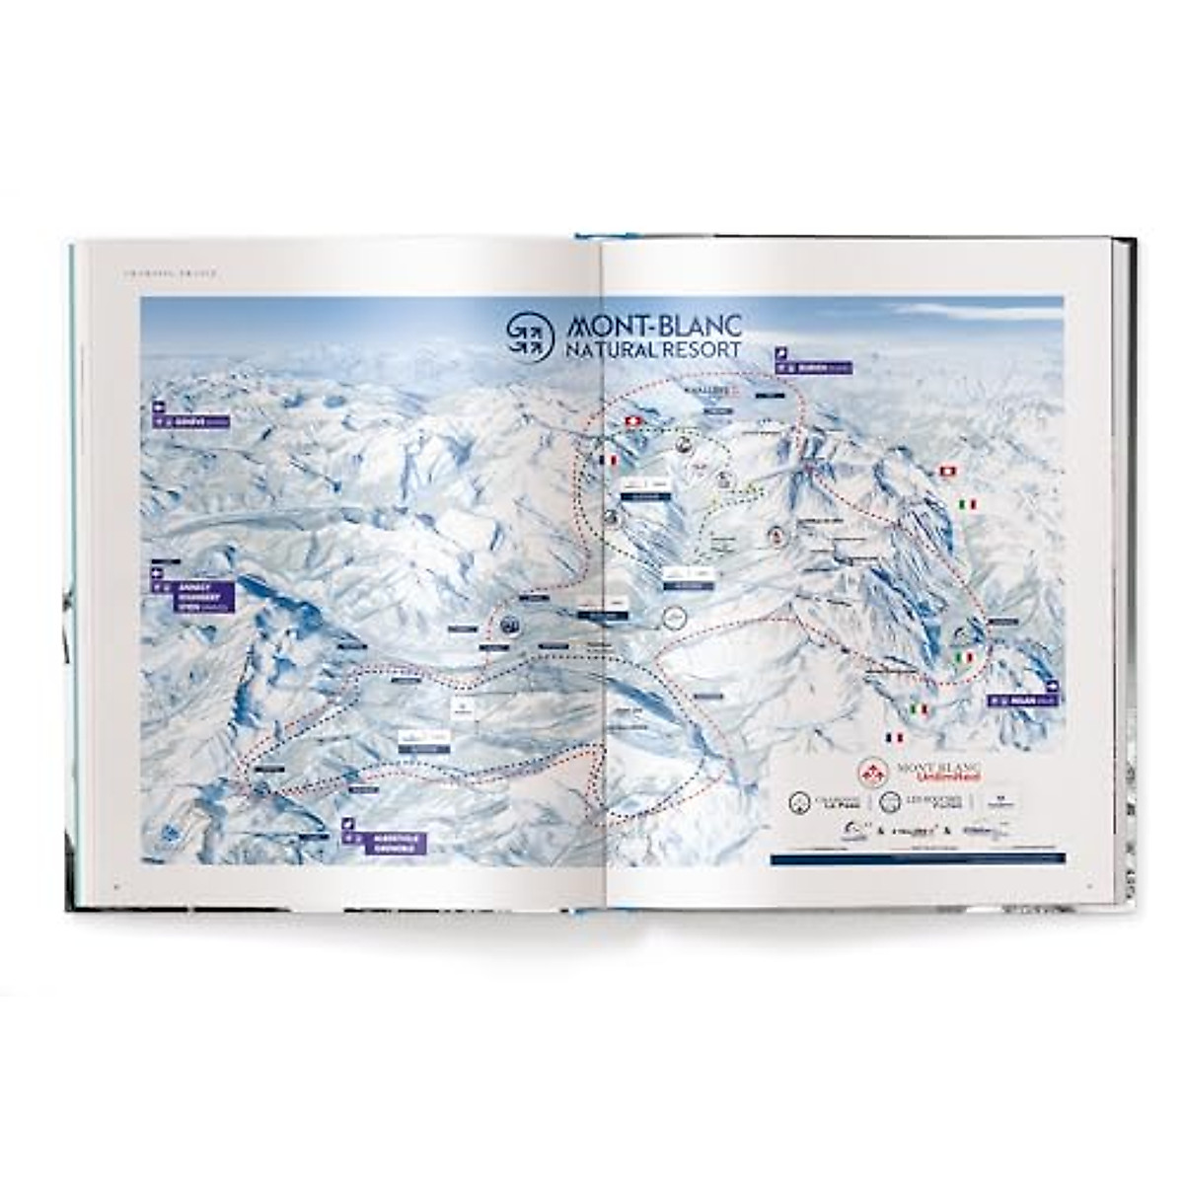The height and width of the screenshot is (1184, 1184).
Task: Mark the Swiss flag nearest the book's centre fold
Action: coord(632,422)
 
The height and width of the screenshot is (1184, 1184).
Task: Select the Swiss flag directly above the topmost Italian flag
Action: coord(949,472)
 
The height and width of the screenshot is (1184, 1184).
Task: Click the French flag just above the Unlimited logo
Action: coord(895,738)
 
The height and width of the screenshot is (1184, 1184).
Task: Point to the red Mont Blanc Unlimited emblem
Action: coord(872,773)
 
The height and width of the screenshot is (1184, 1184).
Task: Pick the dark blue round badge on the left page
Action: coord(510,624)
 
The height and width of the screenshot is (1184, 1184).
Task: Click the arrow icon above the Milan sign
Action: coord(1052,687)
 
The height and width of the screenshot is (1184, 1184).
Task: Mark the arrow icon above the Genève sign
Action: coord(157,406)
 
